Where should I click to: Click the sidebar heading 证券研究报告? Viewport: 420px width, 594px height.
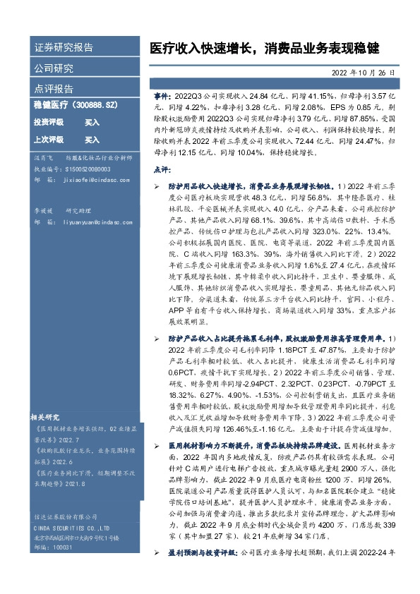coord(64,48)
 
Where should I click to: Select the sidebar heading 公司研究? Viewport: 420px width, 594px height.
coord(54,68)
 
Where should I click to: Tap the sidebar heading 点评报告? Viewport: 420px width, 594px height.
coord(54,89)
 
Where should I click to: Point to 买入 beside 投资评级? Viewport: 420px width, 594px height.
coord(92,122)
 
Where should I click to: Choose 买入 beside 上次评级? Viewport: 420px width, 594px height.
coord(92,140)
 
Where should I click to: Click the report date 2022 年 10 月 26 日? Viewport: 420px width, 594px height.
coord(363,73)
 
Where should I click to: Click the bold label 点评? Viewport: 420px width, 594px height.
coord(161,170)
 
